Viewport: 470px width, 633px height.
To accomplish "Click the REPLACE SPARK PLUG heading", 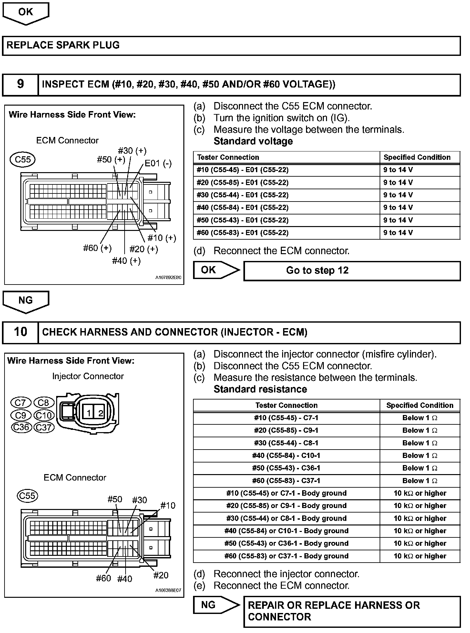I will coord(63,45).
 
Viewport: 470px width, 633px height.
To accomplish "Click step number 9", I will coord(20,84).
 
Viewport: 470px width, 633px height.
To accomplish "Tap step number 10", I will coord(20,332).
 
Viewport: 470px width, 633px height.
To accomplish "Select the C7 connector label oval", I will coord(20,403).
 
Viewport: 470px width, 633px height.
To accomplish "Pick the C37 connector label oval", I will coord(44,427).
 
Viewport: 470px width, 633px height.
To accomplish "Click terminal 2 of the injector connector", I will coord(100,413).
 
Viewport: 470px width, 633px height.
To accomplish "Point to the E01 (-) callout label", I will coord(158,163).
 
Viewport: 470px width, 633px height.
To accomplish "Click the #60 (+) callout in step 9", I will coord(97,248).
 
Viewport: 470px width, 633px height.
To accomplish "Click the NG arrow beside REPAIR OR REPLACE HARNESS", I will coord(216,605).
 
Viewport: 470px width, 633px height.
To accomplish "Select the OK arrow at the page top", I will coord(26,13).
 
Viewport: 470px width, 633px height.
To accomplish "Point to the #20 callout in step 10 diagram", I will coord(160,575).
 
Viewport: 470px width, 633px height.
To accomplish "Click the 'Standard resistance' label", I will coord(260,389).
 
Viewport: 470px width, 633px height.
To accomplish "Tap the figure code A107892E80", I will coord(168,277).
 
